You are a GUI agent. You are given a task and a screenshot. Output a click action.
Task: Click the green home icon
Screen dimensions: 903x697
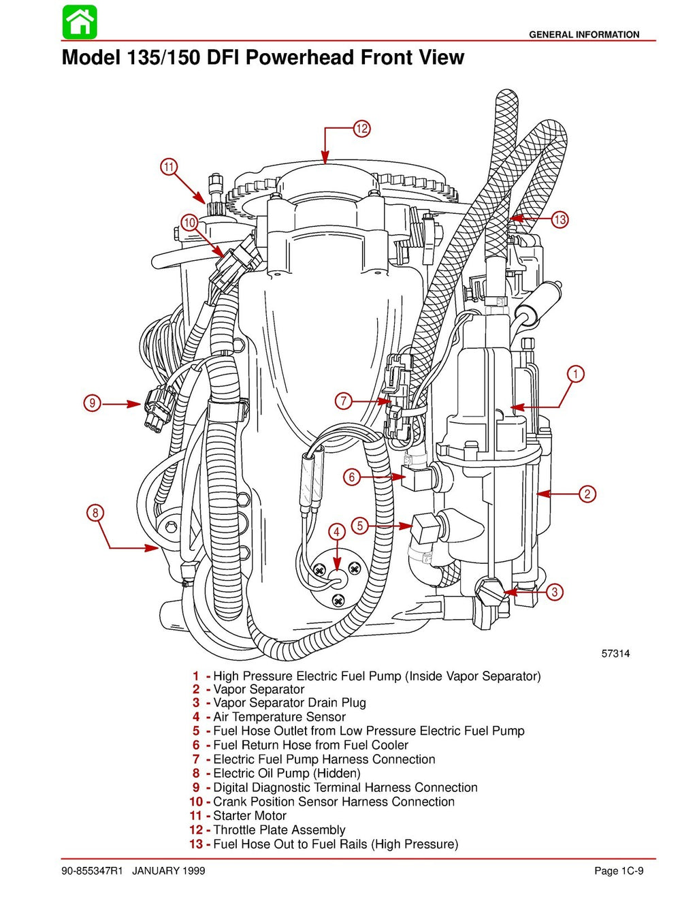click(80, 22)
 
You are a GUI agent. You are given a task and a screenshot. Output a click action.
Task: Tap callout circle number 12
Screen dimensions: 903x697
click(361, 128)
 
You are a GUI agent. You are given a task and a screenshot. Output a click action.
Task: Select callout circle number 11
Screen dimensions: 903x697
click(169, 167)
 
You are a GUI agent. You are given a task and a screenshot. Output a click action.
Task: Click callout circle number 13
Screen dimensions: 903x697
click(560, 219)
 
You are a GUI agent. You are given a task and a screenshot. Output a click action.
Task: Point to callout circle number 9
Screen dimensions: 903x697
click(92, 403)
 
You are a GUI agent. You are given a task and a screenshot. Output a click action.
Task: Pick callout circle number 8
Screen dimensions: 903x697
click(95, 513)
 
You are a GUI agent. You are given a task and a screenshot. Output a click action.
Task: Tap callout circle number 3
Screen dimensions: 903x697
click(555, 592)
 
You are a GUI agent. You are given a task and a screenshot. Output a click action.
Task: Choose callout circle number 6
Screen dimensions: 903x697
click(351, 477)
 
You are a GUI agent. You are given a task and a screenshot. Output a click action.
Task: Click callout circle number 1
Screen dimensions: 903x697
click(576, 374)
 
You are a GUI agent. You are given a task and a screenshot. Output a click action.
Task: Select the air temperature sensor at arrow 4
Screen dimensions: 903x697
click(336, 576)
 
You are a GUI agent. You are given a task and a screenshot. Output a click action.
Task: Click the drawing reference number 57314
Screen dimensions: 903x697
click(615, 654)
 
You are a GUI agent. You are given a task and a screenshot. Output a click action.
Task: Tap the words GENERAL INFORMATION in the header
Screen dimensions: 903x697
click(584, 34)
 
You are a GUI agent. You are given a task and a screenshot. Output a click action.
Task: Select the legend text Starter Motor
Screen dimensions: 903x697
click(250, 816)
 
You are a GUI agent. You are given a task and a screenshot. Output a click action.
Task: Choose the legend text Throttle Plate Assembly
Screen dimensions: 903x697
click(279, 829)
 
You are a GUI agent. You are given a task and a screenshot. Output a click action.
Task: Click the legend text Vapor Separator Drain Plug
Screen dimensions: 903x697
click(289, 703)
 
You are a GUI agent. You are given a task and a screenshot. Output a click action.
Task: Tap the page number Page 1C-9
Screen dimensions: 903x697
click(619, 871)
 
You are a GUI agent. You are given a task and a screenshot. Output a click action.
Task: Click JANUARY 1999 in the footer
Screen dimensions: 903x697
click(168, 871)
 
